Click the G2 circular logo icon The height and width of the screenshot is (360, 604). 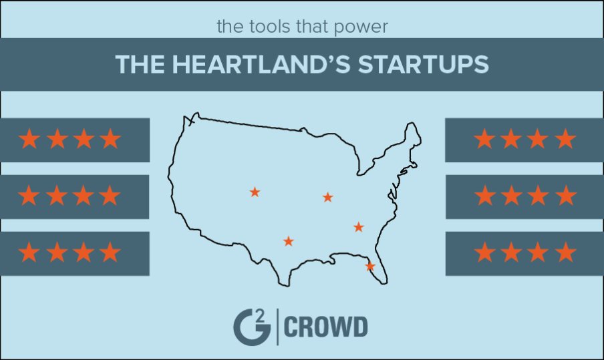251,326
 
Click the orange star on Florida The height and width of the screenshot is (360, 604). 370,266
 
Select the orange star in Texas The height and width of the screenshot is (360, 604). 288,241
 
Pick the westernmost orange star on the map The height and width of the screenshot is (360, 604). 255,192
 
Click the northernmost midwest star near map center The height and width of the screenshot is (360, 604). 327,197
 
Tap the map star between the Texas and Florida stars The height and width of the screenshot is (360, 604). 358,227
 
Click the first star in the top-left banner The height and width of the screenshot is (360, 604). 29,140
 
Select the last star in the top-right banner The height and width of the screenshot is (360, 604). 565,140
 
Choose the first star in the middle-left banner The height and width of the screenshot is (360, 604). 29,196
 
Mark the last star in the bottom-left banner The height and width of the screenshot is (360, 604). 110,253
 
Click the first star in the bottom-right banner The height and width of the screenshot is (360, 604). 484,253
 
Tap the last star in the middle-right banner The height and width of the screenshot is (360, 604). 565,196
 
